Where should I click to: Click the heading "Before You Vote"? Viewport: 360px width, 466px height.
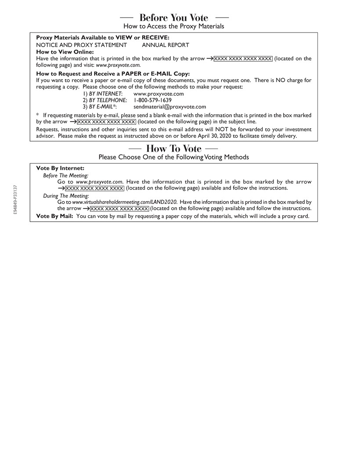click(174, 18)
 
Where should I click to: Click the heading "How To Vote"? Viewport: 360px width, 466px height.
click(173, 148)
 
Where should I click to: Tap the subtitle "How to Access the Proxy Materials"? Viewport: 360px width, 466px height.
click(174, 26)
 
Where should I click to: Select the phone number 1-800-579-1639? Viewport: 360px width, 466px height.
click(152, 100)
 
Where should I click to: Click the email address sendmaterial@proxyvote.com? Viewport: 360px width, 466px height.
click(169, 107)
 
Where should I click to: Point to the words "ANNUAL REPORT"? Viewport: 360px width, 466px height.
click(166, 45)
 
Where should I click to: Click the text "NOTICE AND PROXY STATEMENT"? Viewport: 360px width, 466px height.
click(82, 45)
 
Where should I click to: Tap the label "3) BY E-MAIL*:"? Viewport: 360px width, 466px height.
click(100, 107)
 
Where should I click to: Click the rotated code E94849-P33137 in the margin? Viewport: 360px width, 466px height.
click(15, 200)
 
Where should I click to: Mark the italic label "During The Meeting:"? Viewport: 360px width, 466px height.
click(66, 196)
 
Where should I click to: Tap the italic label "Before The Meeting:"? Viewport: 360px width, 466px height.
click(65, 175)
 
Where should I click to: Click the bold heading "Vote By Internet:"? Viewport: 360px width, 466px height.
click(60, 168)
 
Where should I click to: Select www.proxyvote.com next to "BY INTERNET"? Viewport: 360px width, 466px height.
click(158, 94)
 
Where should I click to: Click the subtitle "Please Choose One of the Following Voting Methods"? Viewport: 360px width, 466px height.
click(174, 157)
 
